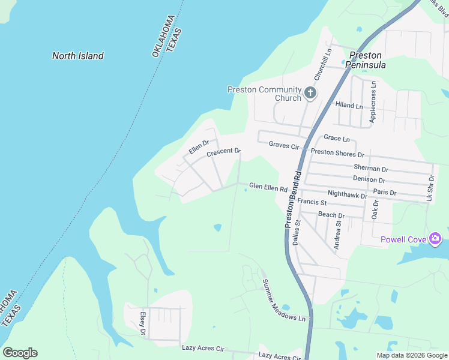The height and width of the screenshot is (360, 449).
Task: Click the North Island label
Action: (x=77, y=56)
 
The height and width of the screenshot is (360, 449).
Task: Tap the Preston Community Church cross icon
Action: (x=310, y=92)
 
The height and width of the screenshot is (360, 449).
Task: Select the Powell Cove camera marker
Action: (x=435, y=239)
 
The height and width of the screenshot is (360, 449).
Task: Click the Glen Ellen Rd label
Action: (x=268, y=188)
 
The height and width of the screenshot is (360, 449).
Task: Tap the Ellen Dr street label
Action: (x=198, y=146)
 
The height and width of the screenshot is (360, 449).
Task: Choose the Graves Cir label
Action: (x=284, y=145)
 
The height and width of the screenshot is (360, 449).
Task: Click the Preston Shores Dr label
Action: (x=337, y=154)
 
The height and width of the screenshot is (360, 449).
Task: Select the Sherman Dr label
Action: (x=371, y=168)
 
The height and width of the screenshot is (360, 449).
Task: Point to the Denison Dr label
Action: (x=369, y=179)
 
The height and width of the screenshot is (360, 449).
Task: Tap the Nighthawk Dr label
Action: (x=347, y=194)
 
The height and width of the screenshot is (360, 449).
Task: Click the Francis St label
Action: (x=311, y=202)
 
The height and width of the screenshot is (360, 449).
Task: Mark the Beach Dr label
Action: (x=331, y=215)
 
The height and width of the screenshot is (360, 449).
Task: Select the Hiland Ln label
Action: (x=349, y=106)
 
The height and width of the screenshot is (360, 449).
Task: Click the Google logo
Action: (x=20, y=353)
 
